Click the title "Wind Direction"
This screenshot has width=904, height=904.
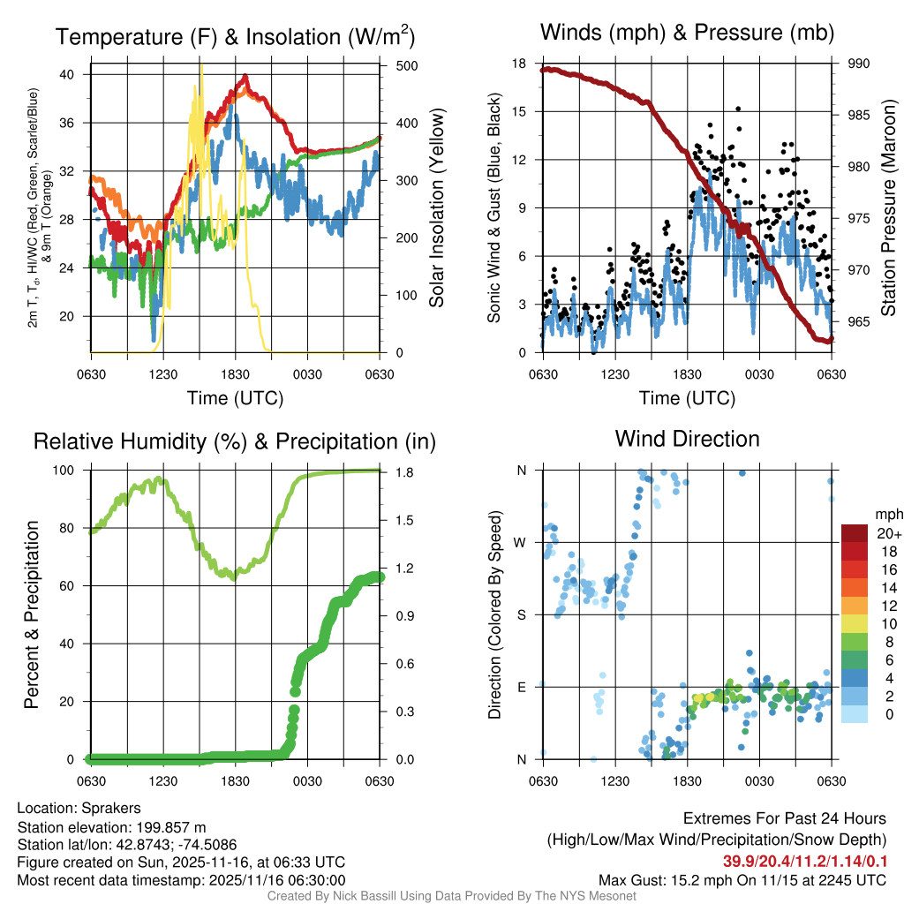click(687, 439)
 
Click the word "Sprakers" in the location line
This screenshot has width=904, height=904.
click(110, 808)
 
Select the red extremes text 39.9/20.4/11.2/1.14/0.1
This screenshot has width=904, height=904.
click(806, 861)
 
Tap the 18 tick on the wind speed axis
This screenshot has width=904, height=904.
click(519, 64)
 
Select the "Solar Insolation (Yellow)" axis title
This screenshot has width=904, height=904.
click(436, 207)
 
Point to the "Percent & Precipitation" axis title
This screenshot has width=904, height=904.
click(32, 614)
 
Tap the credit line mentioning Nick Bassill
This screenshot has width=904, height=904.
click(452, 896)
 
